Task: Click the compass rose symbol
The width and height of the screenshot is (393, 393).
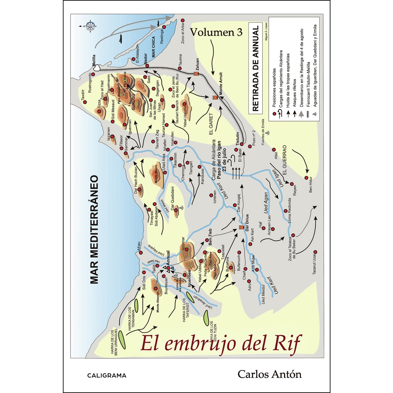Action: click(90, 26)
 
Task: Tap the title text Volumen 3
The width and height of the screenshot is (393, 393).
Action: click(216, 32)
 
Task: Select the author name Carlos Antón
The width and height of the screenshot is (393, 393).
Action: click(270, 374)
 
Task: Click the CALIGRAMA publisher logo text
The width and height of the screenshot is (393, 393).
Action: click(107, 376)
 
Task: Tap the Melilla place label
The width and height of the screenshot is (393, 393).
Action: click(94, 60)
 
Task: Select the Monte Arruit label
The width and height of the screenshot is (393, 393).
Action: click(221, 84)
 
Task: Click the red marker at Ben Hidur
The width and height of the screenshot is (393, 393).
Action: click(307, 178)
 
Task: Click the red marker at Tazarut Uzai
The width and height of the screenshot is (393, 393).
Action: click(315, 252)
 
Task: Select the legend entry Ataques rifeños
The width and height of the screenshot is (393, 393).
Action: click(295, 90)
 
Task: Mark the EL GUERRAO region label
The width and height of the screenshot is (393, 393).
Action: click(284, 160)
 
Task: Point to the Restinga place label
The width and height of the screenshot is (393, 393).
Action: click(162, 37)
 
